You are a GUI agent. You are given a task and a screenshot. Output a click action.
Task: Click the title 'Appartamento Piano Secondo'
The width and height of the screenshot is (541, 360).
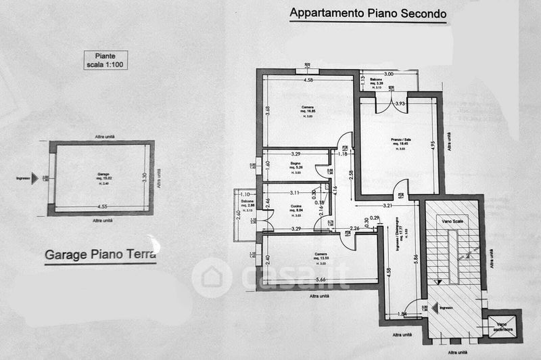368,13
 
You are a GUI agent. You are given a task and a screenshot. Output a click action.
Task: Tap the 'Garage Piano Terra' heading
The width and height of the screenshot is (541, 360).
100,255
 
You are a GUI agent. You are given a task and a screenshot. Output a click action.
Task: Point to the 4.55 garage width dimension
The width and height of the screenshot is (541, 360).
102,206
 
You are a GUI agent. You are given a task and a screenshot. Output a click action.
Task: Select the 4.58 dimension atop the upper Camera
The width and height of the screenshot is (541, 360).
308,81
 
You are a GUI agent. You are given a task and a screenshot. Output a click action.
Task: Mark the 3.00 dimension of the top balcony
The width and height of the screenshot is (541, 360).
388,74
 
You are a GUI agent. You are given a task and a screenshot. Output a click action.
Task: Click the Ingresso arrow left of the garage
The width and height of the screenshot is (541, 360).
24,179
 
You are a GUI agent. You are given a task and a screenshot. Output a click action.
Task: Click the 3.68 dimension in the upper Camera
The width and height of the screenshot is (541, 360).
268,110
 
